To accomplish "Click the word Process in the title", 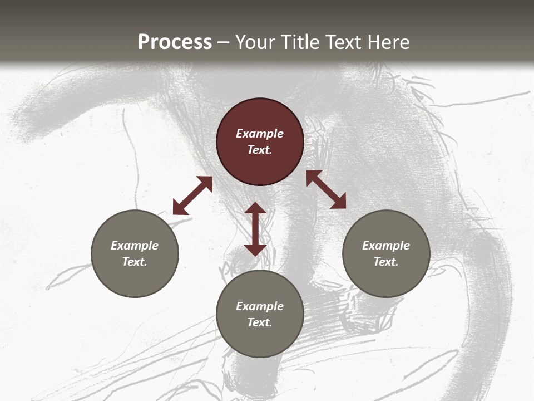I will pyautogui.click(x=175, y=42).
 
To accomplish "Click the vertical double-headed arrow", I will pyautogui.click(x=255, y=229).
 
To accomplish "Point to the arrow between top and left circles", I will pyautogui.click(x=192, y=195).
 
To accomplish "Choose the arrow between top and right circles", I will pyautogui.click(x=326, y=189).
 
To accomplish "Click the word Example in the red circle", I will pyautogui.click(x=260, y=134).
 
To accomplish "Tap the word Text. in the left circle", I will pyautogui.click(x=135, y=262).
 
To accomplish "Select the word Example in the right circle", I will pyautogui.click(x=386, y=246).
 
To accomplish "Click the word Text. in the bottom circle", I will pyautogui.click(x=260, y=322).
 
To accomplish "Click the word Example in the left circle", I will pyautogui.click(x=135, y=246).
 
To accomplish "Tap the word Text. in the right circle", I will pyautogui.click(x=386, y=262).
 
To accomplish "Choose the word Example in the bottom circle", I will pyautogui.click(x=260, y=306).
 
